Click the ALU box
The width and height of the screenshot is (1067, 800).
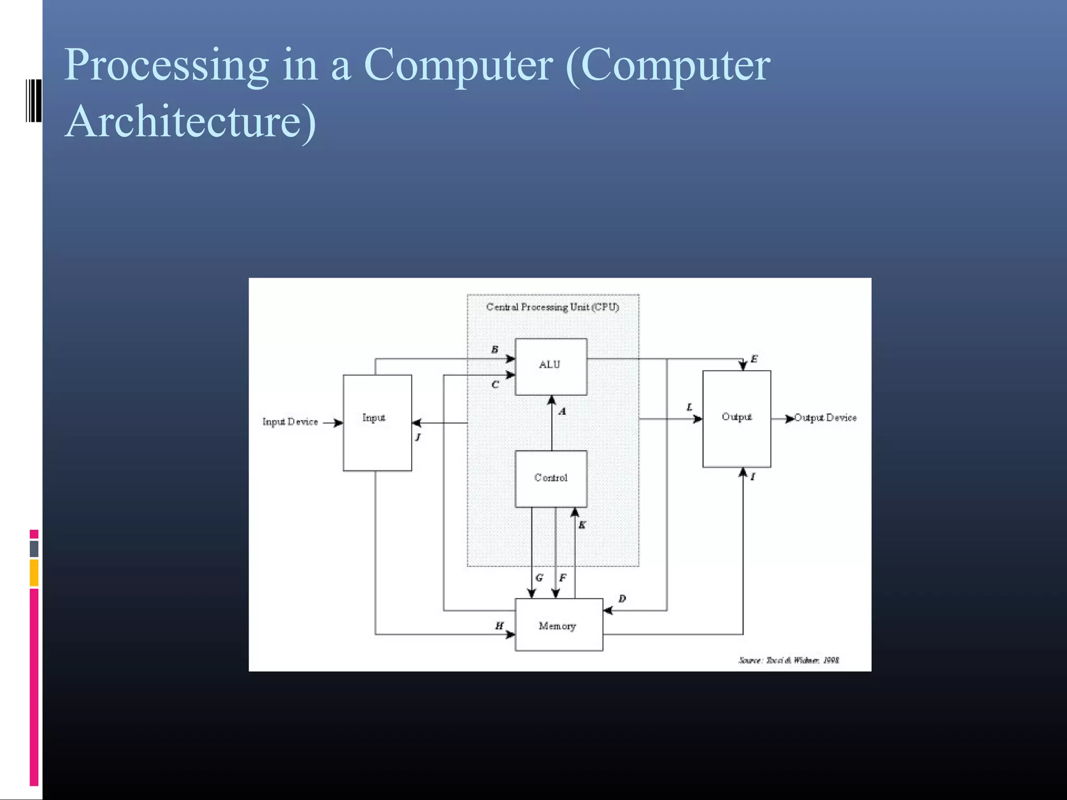pos(551,367)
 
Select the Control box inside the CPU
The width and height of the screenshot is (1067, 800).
pos(551,478)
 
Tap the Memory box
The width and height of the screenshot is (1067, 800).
pos(559,625)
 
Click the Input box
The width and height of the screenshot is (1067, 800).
pos(377,422)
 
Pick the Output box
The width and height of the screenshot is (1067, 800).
pos(736,419)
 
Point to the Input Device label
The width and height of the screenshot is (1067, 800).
pos(290,422)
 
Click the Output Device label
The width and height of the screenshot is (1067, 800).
pos(826,418)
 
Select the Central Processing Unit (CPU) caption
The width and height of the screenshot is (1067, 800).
pos(552,307)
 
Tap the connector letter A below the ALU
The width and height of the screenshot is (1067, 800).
pos(563,411)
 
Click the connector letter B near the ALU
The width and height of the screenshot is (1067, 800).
pos(494,349)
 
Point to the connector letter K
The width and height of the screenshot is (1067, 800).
pos(582,525)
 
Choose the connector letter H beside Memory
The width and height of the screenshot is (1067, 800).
pos(499,626)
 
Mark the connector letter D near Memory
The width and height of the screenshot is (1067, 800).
pos(622,599)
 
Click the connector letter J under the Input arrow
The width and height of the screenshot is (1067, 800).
pos(418,437)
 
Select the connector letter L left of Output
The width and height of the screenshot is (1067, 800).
pos(689,407)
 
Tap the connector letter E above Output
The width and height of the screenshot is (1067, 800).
pos(754,359)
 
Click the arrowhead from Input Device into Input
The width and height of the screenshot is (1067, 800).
pos(338,423)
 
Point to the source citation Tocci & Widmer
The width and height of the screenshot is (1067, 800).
pos(788,660)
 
